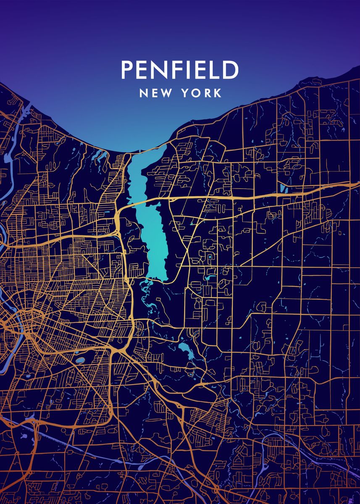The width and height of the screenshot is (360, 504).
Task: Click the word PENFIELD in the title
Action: coord(180,70)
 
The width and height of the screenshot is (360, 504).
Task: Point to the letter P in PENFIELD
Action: coord(127,70)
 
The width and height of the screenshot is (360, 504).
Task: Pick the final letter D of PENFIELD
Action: coord(231,70)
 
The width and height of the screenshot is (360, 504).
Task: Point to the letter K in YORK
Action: coord(217,93)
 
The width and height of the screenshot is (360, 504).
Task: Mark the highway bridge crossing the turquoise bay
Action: coord(143,201)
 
